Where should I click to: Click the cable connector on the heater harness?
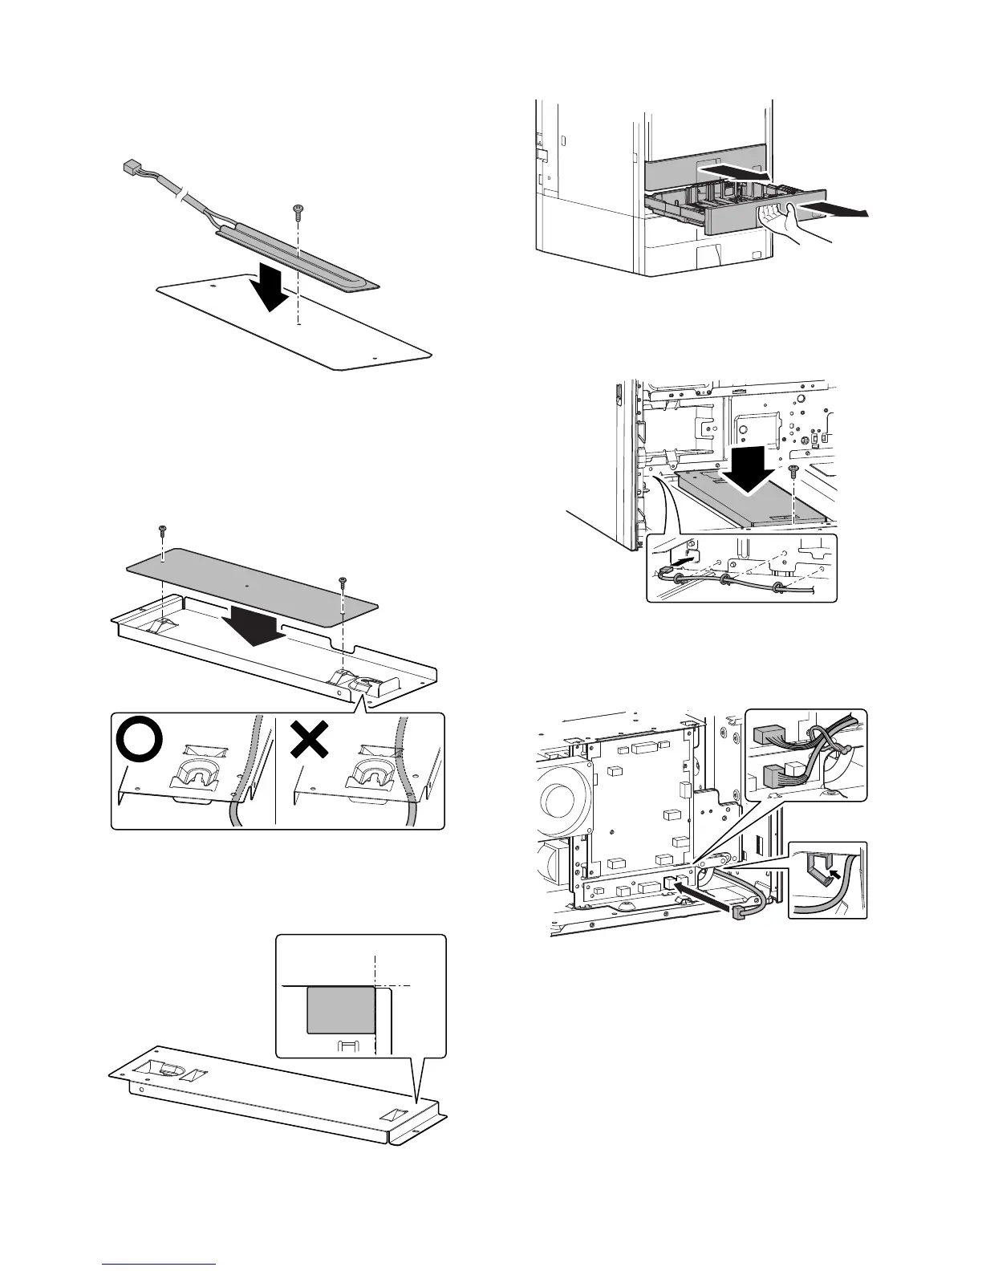(129, 168)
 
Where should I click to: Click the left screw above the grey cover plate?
(163, 530)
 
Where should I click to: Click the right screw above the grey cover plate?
(343, 580)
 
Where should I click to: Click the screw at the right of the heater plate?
(793, 471)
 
